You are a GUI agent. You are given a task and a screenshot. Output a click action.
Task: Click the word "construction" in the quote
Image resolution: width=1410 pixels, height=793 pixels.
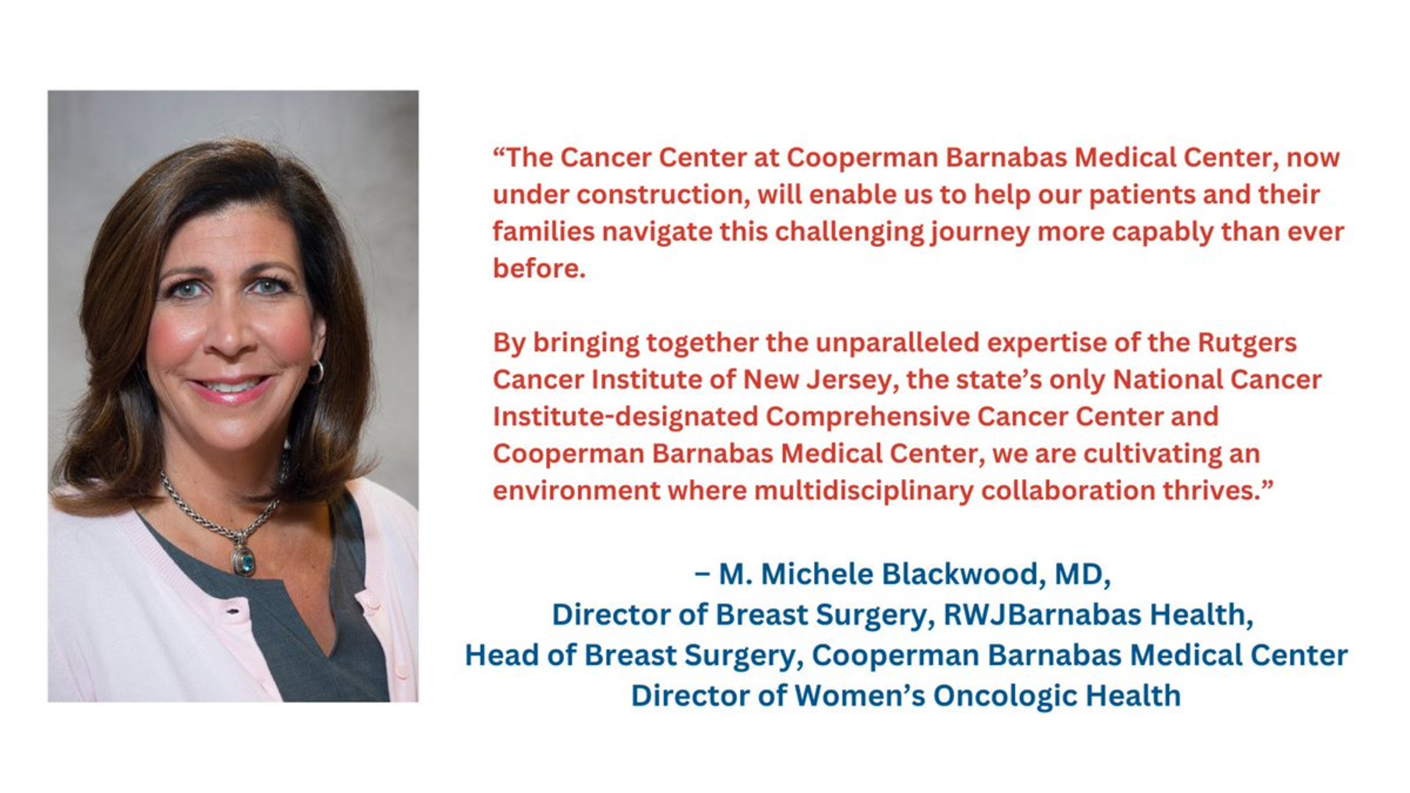[663, 195]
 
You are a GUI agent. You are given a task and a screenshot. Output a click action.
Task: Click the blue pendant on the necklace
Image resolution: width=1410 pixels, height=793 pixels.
[245, 561]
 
